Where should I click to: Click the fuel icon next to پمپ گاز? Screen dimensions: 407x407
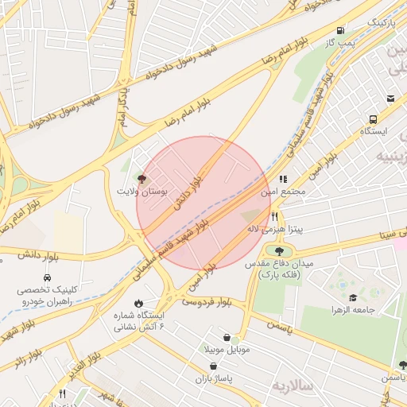pos(341,29)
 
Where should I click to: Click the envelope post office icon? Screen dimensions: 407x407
pos(390,99)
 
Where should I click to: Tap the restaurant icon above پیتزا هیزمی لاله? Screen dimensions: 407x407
pos(274,215)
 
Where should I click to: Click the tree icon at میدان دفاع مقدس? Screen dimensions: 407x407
pos(279,250)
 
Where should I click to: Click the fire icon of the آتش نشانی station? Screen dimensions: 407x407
pos(139,303)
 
